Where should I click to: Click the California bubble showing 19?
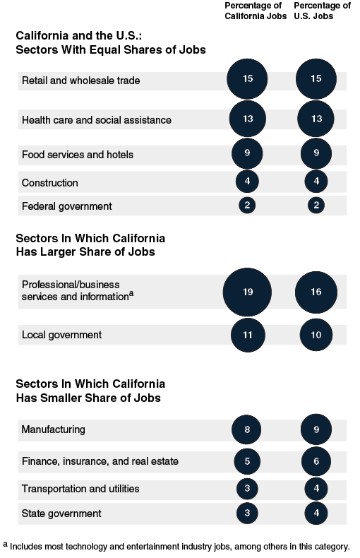(x=247, y=292)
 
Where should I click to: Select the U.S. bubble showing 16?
(x=316, y=292)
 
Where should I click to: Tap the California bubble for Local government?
(x=247, y=335)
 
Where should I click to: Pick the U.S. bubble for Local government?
(x=316, y=335)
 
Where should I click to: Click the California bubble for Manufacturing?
(x=247, y=429)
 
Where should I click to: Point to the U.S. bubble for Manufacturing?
(x=316, y=429)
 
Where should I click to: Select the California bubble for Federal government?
(x=247, y=206)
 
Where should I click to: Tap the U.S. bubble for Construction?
(x=316, y=183)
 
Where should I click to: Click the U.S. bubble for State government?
(x=316, y=514)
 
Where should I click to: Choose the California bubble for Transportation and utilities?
(x=247, y=489)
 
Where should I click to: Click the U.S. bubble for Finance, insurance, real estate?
(x=316, y=461)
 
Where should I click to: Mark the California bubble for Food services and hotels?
(x=247, y=154)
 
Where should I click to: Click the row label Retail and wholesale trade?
(x=81, y=81)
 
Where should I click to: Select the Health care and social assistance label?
(x=96, y=120)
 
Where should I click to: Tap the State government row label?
(x=61, y=514)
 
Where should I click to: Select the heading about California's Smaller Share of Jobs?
(x=90, y=391)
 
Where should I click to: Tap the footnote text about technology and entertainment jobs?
(x=180, y=546)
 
